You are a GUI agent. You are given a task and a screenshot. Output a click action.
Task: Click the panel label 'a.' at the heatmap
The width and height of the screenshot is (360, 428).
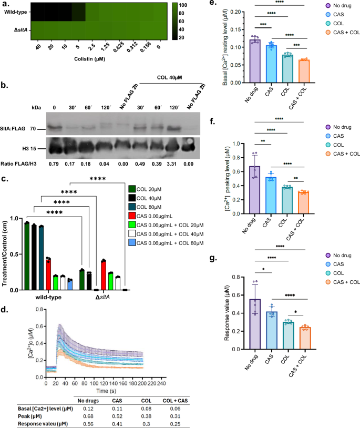pos(6,4)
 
